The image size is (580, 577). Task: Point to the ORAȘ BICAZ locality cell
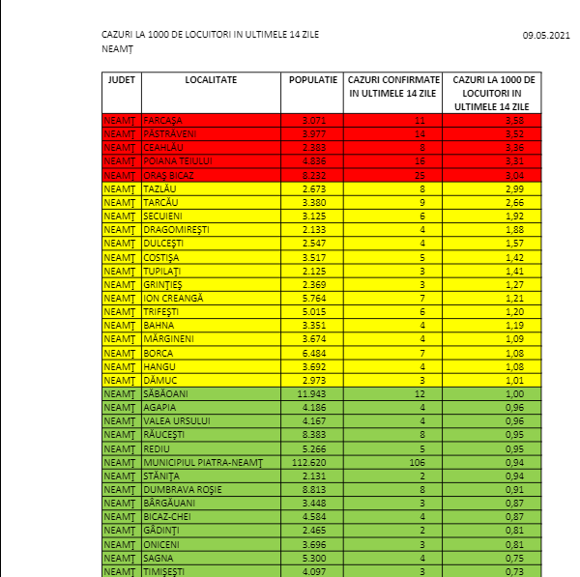pyautogui.click(x=169, y=176)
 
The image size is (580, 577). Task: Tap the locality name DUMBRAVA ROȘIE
pyautogui.click(x=183, y=490)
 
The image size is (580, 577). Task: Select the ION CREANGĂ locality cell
pyautogui.click(x=173, y=299)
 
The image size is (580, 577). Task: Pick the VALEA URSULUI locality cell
pyautogui.click(x=177, y=421)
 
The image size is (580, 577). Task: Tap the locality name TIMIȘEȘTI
pyautogui.click(x=166, y=571)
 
